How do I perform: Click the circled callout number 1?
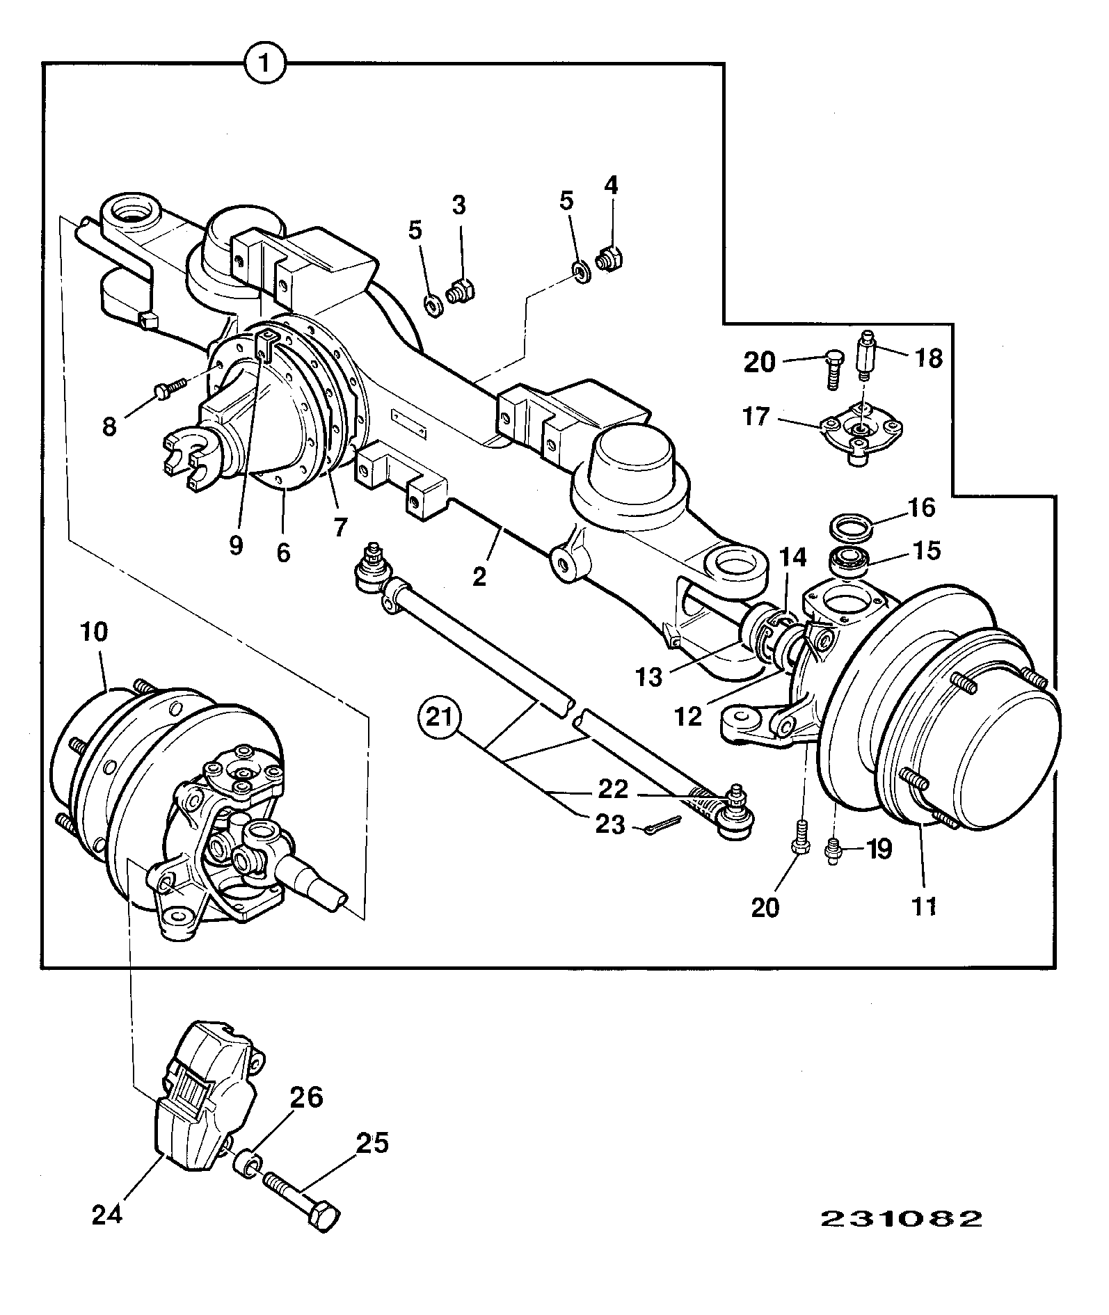[264, 65]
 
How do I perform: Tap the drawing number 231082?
[902, 1218]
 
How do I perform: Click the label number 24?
[108, 1215]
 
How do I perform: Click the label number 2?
[479, 577]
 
